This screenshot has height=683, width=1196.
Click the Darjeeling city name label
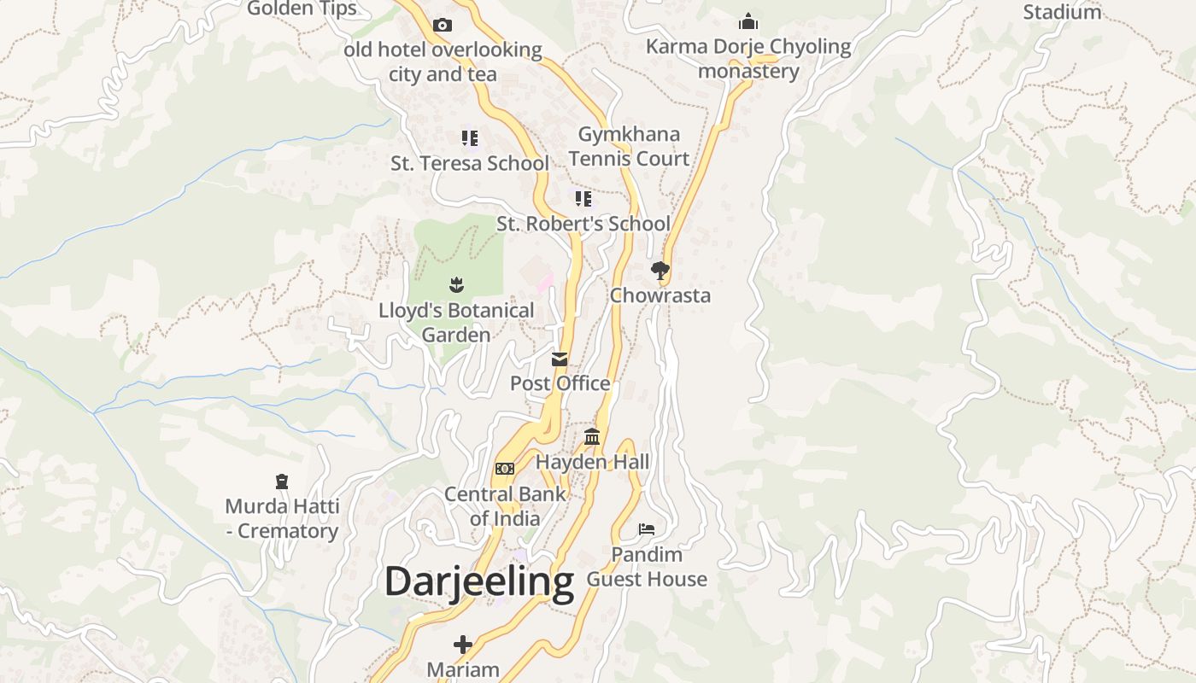pyautogui.click(x=478, y=582)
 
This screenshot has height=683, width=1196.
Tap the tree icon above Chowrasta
pyautogui.click(x=660, y=271)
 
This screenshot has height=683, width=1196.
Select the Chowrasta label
pyautogui.click(x=660, y=295)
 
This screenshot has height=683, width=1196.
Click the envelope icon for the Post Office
pyautogui.click(x=560, y=359)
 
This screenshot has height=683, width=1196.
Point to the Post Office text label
pyautogui.click(x=560, y=383)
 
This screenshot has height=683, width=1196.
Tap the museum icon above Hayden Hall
pyautogui.click(x=592, y=437)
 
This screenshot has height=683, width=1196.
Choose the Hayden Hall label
pyautogui.click(x=592, y=462)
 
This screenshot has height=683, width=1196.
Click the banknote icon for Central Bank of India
pyautogui.click(x=505, y=469)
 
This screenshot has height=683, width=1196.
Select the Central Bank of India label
pyautogui.click(x=505, y=505)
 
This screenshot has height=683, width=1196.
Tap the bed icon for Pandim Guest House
pyautogui.click(x=647, y=529)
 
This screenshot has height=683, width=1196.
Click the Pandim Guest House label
pyautogui.click(x=647, y=566)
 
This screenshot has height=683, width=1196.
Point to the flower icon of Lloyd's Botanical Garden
pyautogui.click(x=456, y=284)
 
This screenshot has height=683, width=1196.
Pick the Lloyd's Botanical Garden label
pyautogui.click(x=456, y=322)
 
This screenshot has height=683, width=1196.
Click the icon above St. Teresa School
pyautogui.click(x=469, y=137)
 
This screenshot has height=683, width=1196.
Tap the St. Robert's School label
pyautogui.click(x=583, y=224)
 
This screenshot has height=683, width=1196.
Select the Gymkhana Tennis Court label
pyautogui.click(x=629, y=146)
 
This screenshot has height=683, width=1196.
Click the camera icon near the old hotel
pyautogui.click(x=443, y=25)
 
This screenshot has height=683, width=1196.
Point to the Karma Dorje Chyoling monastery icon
pyautogui.click(x=748, y=21)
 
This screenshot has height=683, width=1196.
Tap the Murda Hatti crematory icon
pyautogui.click(x=282, y=482)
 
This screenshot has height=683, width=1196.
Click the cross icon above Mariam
pyautogui.click(x=463, y=644)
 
